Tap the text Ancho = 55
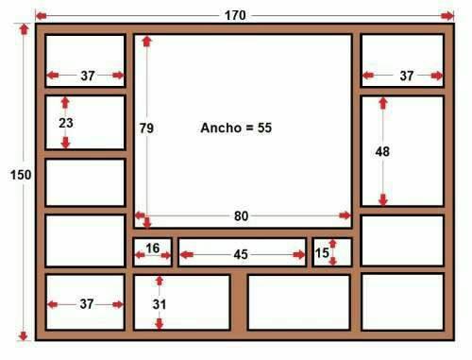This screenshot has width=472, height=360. coord(236,127)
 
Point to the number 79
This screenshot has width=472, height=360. coord(145,127)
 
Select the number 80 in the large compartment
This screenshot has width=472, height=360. coord(241,215)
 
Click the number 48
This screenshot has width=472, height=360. coord(382,151)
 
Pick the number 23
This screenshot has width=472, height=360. coord(65,122)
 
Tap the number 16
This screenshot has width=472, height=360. coord(152,249)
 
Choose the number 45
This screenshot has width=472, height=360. coord(241,253)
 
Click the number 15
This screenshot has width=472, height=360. coord(322,253)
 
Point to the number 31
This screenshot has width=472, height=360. coord(159,304)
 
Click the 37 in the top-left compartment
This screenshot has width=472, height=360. coord(87,75)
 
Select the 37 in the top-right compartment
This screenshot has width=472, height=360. coord(406,75)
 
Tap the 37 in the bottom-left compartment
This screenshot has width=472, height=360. coord(87,303)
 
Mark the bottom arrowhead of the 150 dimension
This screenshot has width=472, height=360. coord(24,334)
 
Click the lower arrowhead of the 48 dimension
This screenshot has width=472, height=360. coord(382,199)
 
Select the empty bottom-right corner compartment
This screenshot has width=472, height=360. coord(402,302)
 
